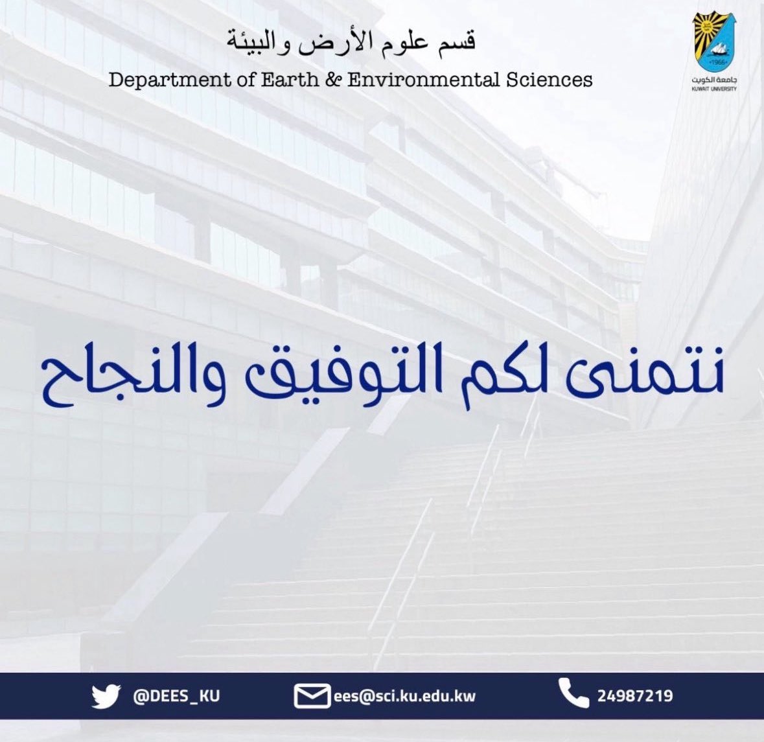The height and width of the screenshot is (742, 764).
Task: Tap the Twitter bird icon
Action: pos(106,697)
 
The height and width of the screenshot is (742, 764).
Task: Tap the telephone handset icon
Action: pos(573,694)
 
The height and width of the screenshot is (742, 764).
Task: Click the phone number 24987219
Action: pos(635,697)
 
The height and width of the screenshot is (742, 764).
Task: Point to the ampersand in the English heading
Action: pos(336,80)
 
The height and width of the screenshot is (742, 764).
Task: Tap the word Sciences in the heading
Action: pos(551,80)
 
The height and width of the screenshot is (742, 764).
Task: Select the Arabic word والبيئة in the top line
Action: pos(259,41)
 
